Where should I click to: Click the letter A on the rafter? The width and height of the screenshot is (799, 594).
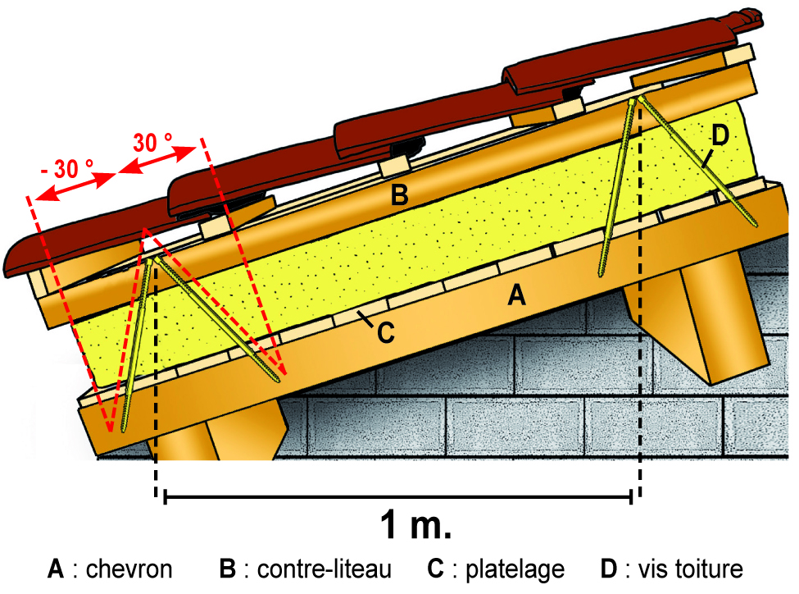515,295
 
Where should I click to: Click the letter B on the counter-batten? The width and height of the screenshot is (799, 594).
399,195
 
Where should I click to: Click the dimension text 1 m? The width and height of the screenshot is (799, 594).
416,526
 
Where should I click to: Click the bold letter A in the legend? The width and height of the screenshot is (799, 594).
56,569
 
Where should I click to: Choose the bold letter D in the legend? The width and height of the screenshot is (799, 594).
608,569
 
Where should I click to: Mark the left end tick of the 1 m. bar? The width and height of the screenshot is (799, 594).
166,496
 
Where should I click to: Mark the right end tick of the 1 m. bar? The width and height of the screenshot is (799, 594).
630,496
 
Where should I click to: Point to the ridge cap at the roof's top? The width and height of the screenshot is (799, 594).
742,16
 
